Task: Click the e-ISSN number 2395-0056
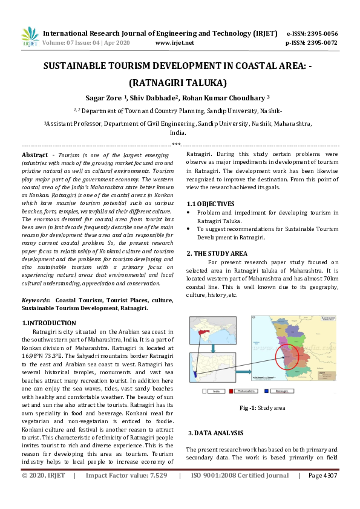[321, 33]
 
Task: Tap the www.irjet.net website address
[174, 43]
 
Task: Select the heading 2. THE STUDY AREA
[217, 253]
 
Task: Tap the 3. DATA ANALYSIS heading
[216, 433]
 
